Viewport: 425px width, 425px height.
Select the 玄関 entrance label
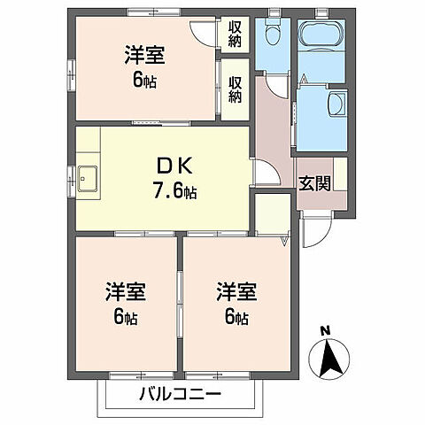pyautogui.click(x=314, y=184)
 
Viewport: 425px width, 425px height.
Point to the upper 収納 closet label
pyautogui.click(x=235, y=34)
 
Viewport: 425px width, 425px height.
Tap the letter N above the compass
pyautogui.click(x=326, y=332)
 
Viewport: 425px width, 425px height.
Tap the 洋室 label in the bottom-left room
pyautogui.click(x=127, y=291)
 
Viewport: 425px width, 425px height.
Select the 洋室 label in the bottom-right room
pyautogui.click(x=236, y=291)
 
